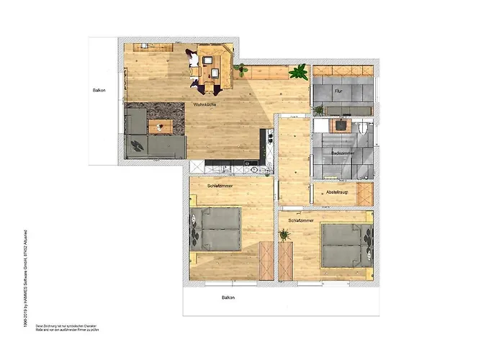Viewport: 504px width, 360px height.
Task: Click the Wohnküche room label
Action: (x=205, y=105)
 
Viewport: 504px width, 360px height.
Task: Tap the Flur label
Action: (x=338, y=91)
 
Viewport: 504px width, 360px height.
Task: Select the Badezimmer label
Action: (x=342, y=153)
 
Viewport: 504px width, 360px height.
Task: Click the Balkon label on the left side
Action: (x=99, y=91)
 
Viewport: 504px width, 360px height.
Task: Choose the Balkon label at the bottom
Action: (x=228, y=297)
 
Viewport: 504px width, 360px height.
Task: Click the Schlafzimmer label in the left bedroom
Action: (x=219, y=185)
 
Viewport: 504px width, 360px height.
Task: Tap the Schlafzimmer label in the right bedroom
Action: (x=300, y=220)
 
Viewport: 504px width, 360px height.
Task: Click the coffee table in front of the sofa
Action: (x=160, y=127)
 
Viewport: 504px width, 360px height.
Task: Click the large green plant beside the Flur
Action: (x=297, y=72)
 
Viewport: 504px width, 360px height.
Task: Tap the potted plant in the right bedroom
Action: (x=285, y=234)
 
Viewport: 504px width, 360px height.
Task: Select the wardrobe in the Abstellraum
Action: (x=365, y=194)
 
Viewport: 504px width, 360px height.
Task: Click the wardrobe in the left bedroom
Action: (x=266, y=260)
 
